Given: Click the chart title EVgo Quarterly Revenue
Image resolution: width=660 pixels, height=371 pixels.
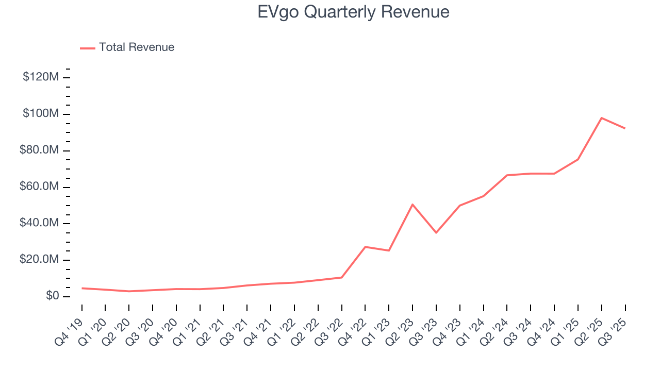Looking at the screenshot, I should click(x=353, y=12).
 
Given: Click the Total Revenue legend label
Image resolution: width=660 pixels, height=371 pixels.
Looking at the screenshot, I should click(x=137, y=47).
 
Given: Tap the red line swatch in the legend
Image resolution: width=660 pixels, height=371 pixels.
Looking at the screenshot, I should click(x=88, y=48).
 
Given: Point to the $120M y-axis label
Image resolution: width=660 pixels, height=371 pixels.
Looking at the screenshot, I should click(x=41, y=77).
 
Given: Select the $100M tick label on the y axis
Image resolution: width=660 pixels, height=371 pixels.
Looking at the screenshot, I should click(x=41, y=114).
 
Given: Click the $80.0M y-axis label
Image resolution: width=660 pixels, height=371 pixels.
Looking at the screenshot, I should click(x=41, y=150).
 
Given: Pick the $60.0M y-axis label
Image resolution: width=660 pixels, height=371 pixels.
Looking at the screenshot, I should click(x=41, y=187).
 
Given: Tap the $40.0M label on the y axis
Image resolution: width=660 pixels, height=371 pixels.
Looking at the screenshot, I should click(x=41, y=224).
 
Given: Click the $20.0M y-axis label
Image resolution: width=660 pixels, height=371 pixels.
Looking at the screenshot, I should click(x=41, y=260).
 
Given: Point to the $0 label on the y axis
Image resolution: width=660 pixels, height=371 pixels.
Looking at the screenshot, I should click(x=52, y=296).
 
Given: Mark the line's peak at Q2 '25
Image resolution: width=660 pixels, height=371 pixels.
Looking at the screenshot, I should click(x=602, y=118).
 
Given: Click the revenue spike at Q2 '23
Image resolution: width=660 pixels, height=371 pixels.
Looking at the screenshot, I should click(x=412, y=205).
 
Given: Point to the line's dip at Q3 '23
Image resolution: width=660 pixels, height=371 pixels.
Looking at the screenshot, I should click(x=436, y=232).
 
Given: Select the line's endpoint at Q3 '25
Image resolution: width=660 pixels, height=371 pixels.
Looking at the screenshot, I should click(x=625, y=128).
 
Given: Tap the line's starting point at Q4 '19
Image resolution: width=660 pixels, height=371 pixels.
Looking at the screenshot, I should click(x=82, y=288).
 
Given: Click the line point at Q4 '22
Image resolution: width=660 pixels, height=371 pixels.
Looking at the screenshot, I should click(x=365, y=247).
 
